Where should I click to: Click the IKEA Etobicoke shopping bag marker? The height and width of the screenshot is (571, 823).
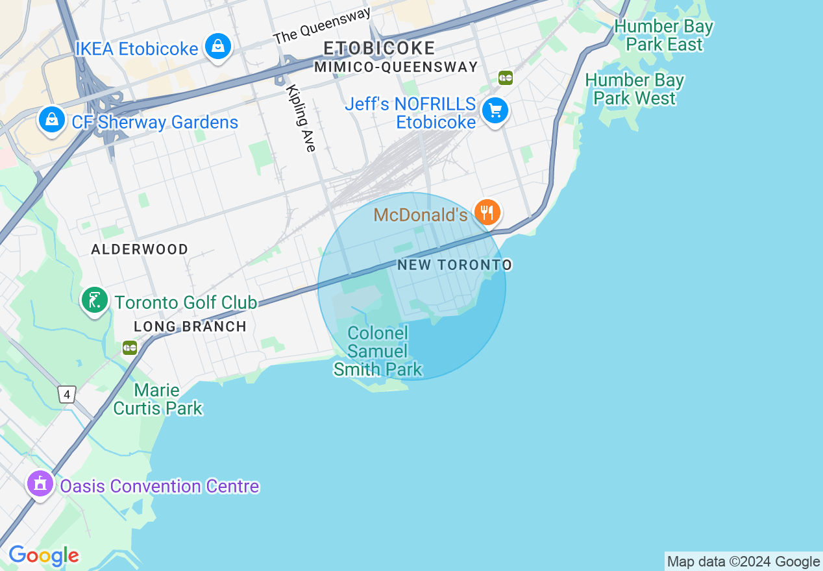[x=219, y=47]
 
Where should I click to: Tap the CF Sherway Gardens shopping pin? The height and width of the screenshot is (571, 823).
[x=51, y=120]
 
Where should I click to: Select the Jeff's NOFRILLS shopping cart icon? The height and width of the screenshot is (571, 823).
[x=495, y=112]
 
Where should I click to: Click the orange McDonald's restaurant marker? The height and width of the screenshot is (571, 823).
[x=487, y=212]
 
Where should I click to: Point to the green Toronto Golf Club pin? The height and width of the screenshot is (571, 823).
[x=95, y=300]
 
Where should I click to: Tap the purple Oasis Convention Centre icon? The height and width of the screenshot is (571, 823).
[x=40, y=484]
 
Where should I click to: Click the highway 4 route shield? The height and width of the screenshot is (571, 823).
[x=67, y=394]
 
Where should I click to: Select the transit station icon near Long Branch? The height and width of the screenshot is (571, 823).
[x=130, y=348]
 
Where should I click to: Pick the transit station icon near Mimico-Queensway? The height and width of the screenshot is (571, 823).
[x=506, y=78]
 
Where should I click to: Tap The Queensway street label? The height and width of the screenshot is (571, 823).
[x=322, y=26]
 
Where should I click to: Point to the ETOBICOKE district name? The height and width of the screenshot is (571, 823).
[x=379, y=48]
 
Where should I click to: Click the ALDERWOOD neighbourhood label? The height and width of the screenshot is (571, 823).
[x=140, y=249]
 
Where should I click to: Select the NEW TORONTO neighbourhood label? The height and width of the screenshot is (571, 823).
[x=454, y=265]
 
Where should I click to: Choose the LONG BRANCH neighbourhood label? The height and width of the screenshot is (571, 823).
[x=190, y=326]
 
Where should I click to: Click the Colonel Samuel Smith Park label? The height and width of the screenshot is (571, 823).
[x=378, y=351]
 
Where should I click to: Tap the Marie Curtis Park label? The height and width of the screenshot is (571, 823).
[x=158, y=399]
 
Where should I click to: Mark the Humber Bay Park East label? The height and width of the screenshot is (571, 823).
[x=663, y=36]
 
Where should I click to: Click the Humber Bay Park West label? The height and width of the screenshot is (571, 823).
[x=634, y=89]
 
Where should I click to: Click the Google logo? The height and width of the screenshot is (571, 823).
[x=43, y=555]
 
